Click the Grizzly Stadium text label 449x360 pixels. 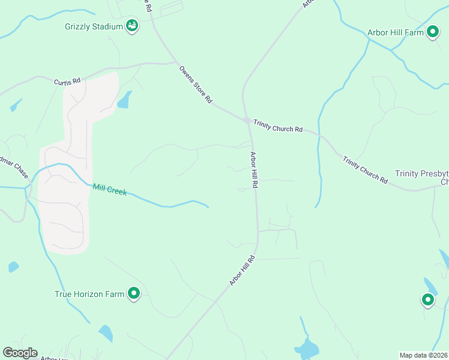(94, 26)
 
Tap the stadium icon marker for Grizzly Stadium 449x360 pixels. (132, 26)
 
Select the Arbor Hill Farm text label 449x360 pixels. (397, 32)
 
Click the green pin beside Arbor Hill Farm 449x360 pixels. (433, 32)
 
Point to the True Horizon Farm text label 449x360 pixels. (89, 294)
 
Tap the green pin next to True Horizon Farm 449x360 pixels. (134, 293)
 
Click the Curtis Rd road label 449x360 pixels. (67, 82)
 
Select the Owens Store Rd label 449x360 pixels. (196, 85)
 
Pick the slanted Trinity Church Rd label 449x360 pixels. (365, 169)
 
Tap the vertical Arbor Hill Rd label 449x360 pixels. (254, 170)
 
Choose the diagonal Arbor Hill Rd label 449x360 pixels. (242, 271)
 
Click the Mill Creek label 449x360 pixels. (110, 189)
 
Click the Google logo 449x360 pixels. (20, 353)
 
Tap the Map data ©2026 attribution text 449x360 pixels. (423, 355)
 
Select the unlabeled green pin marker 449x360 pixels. (428, 299)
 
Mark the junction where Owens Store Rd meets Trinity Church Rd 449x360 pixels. (247, 121)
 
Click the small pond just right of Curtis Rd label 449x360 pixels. (124, 100)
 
